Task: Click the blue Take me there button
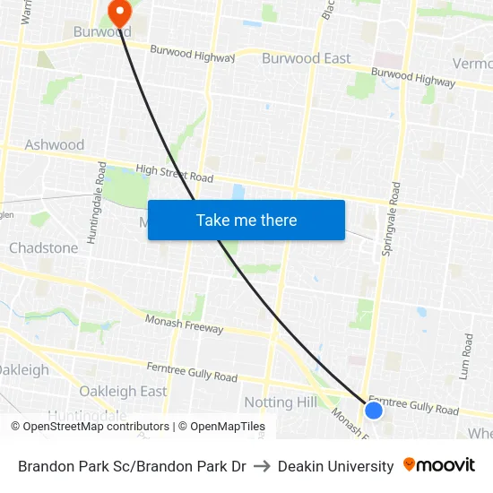tap(246, 220)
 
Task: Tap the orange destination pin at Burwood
tap(118, 13)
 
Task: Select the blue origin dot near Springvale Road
tap(374, 411)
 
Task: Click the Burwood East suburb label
tap(306, 58)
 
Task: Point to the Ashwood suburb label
tap(55, 144)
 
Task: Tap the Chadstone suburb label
tap(43, 247)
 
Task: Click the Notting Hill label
tap(281, 402)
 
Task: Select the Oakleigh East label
tap(123, 391)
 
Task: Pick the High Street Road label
tap(174, 173)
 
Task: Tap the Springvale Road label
tap(393, 219)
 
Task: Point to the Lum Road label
tap(467, 357)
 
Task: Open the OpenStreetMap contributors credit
tap(91, 427)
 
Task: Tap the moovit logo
tap(439, 465)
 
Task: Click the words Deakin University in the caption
tap(336, 466)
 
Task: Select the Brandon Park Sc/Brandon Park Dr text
tap(132, 466)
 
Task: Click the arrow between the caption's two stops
tap(262, 466)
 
